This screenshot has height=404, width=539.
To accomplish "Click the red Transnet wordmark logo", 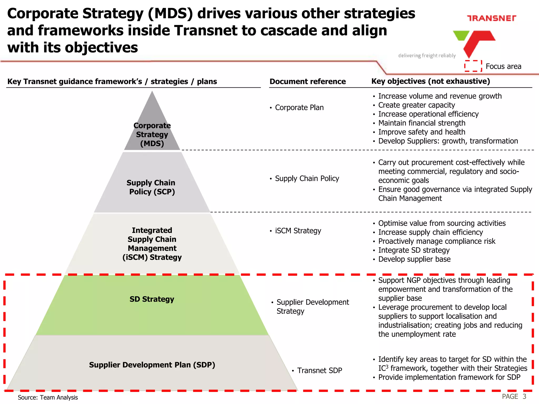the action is [x=491, y=18].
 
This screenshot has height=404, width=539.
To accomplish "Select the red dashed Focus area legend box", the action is [x=473, y=66].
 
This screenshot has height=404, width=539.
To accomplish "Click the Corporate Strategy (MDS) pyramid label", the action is [x=152, y=134].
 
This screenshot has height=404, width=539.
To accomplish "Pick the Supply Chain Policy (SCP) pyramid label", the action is [x=151, y=187].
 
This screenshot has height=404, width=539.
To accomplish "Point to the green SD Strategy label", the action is [x=152, y=299].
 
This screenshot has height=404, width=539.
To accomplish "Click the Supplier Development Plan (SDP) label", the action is [x=152, y=365].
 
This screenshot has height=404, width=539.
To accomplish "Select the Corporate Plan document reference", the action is [x=299, y=108].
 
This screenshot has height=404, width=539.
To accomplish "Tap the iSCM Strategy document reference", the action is [x=298, y=231].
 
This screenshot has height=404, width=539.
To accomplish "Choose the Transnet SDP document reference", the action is [x=320, y=370].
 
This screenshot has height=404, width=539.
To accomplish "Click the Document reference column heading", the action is [x=308, y=82].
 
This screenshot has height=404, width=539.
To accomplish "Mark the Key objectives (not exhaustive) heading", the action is [x=431, y=81].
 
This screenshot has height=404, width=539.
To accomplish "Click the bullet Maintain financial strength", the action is [x=422, y=123].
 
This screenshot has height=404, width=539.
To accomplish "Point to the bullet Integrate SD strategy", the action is [x=414, y=250].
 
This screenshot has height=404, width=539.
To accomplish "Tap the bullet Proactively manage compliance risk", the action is [x=437, y=241].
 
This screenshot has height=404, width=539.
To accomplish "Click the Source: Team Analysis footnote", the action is [x=48, y=397].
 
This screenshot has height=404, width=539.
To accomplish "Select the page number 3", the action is [x=524, y=396].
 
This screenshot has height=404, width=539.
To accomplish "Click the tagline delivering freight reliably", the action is [x=427, y=55].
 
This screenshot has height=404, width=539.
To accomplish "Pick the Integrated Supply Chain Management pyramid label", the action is [x=152, y=244].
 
